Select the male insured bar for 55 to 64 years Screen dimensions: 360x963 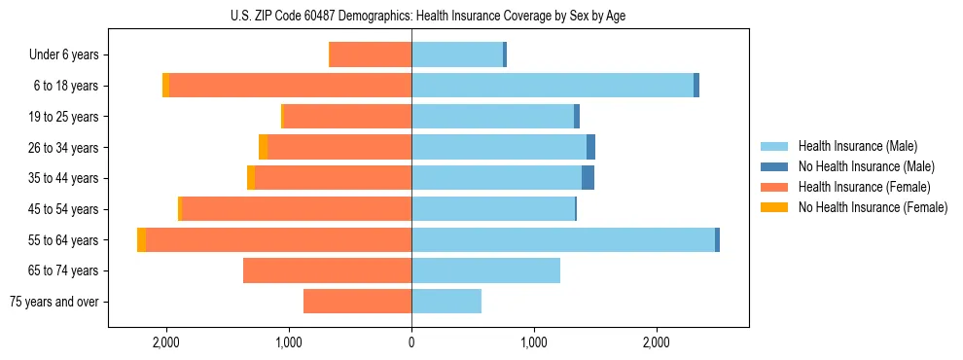pyautogui.click(x=563, y=239)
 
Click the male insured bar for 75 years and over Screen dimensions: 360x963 pyautogui.click(x=446, y=302)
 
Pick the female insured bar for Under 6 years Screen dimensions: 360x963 pyautogui.click(x=371, y=54)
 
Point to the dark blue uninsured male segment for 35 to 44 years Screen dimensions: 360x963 pyautogui.click(x=588, y=178)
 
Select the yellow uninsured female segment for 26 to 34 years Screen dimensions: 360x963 pyautogui.click(x=263, y=147)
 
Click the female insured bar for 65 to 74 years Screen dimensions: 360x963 pyautogui.click(x=327, y=270)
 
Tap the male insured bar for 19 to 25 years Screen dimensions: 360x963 pyautogui.click(x=492, y=117)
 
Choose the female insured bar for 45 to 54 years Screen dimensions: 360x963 pyautogui.click(x=297, y=209)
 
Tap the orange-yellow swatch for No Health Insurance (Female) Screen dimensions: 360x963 pyautogui.click(x=774, y=207)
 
